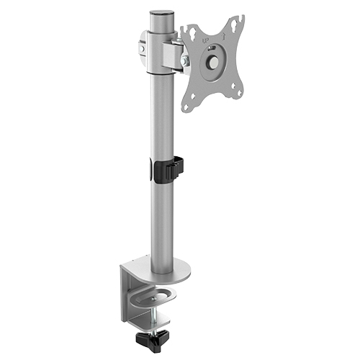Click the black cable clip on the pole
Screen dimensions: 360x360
pos(167,169)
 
